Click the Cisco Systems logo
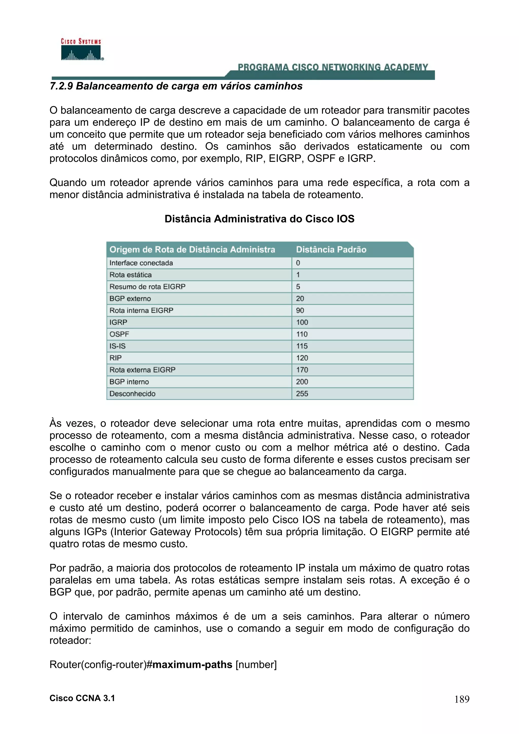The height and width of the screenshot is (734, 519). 81,50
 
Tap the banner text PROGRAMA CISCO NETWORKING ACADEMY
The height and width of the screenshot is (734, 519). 332,67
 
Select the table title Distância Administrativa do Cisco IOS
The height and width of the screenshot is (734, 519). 259,219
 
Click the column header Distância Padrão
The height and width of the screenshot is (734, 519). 331,250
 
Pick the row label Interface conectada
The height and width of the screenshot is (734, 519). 141,263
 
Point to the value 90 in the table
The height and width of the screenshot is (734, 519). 300,311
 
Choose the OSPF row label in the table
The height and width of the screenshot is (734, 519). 119,334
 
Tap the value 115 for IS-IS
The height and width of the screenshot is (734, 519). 302,346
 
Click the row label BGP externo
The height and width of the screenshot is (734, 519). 130,299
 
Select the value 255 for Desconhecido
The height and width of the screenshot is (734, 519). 302,394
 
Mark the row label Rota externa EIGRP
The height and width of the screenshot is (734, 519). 142,370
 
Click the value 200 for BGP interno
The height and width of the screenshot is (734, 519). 302,382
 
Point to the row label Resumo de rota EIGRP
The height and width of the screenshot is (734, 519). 147,287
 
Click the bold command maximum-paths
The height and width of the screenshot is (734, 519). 192,665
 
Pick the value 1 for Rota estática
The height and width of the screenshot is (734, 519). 298,275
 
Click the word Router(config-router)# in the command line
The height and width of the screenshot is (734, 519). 100,665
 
